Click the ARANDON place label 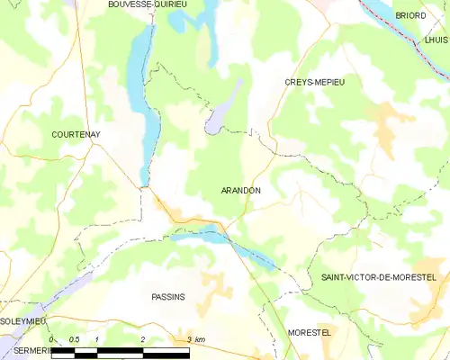coord(240,191)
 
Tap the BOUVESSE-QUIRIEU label coord(147,4)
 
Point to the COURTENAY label coord(76,135)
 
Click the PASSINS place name coord(168,297)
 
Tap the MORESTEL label coord(310,332)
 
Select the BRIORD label coord(410,15)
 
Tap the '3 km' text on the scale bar coord(196,339)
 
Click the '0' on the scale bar coord(52,339)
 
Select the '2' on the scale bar coord(143,339)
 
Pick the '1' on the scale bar coord(97,339)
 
